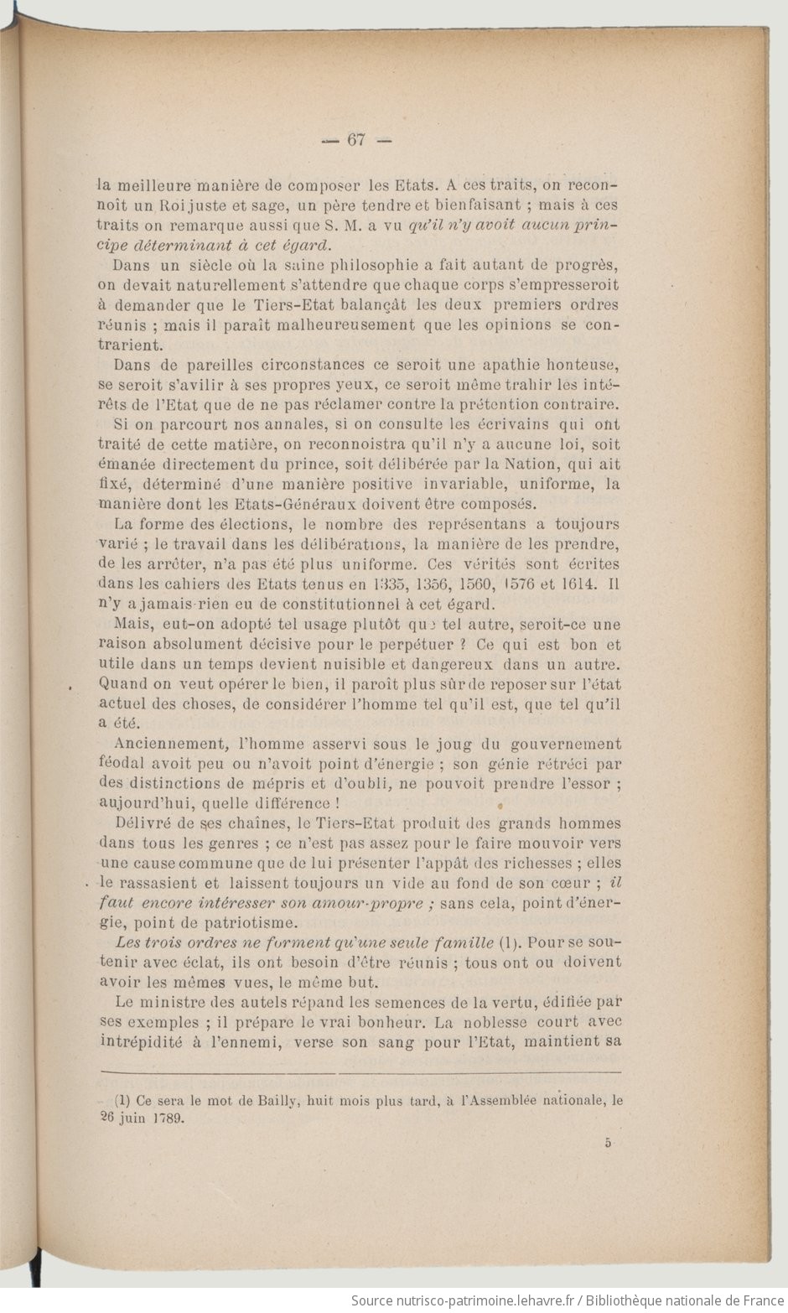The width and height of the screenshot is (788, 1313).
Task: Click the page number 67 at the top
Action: coord(355,140)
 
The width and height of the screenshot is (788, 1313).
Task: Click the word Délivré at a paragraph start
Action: coord(141,823)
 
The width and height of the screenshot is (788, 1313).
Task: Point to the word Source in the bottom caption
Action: coord(373,1300)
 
